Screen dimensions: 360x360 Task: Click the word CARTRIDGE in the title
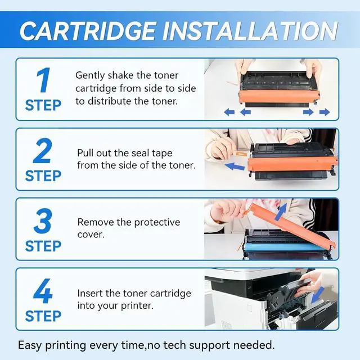(x=87, y=31)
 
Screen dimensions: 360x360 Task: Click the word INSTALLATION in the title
(x=250, y=31)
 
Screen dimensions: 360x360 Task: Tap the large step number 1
(x=43, y=80)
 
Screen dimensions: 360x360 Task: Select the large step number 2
(x=43, y=151)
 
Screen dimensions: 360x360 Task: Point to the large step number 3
(x=43, y=221)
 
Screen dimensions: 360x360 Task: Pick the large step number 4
(x=43, y=291)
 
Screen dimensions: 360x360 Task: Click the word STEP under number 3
(x=43, y=246)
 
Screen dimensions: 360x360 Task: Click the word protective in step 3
(x=157, y=223)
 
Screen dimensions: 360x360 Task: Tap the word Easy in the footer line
(x=30, y=345)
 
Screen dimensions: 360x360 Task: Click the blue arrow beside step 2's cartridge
(x=235, y=166)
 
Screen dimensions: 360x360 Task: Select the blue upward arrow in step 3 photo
(x=281, y=211)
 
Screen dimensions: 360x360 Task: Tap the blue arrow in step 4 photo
(x=317, y=295)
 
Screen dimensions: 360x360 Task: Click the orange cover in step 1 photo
(x=279, y=97)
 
